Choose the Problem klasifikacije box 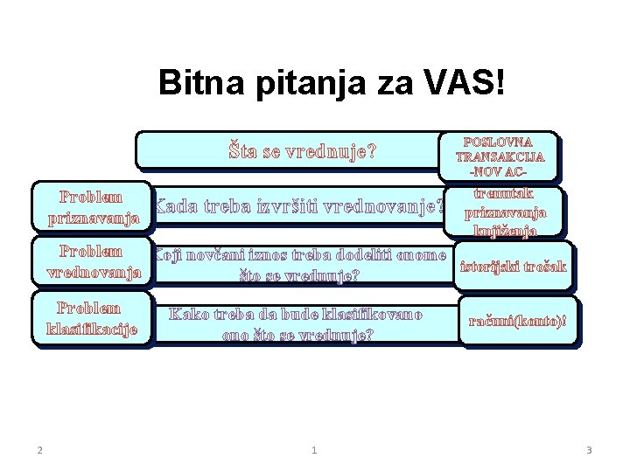pyautogui.click(x=92, y=319)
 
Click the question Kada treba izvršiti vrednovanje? pyautogui.click(x=297, y=208)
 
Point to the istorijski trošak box pyautogui.click(x=514, y=267)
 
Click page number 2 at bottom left pyautogui.click(x=40, y=450)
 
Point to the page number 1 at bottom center pyautogui.click(x=314, y=450)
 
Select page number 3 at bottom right pyautogui.click(x=589, y=450)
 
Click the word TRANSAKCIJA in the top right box pyautogui.click(x=500, y=157)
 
